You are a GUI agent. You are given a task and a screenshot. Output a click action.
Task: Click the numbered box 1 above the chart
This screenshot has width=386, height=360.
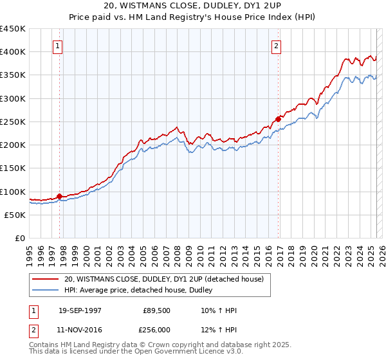(x=58, y=46)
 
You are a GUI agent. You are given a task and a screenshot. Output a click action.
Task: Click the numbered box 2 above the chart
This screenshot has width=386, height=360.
(x=276, y=46)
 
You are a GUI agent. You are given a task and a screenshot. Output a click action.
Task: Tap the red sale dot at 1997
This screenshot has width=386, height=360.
(x=59, y=196)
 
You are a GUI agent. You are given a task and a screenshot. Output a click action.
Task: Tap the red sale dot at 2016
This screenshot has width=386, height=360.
(x=278, y=119)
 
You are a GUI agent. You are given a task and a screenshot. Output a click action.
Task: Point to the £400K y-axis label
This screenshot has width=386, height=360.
(x=13, y=52)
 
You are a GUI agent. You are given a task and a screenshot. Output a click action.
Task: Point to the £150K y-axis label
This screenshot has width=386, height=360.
(x=13, y=168)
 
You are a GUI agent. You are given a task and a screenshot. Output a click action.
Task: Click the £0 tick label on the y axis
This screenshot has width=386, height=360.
(x=19, y=239)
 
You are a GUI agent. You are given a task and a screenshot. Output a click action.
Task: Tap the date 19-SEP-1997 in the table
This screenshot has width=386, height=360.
(x=80, y=310)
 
